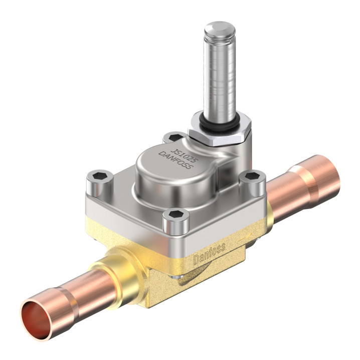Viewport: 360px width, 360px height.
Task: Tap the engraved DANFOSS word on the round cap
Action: pyautogui.click(x=175, y=160)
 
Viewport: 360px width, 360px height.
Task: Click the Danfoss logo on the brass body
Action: pyautogui.click(x=209, y=253)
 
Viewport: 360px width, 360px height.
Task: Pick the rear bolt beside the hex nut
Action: pyautogui.click(x=174, y=137)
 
